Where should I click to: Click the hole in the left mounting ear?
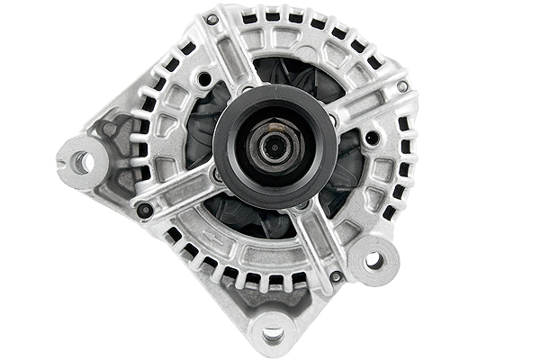(x=82, y=162)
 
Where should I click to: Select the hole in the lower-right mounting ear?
(x=373, y=261)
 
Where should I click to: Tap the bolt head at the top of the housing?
(x=213, y=19)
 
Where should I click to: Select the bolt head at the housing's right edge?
(x=402, y=86)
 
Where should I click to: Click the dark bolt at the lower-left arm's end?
(x=145, y=209)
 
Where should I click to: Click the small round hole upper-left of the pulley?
(x=206, y=79)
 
